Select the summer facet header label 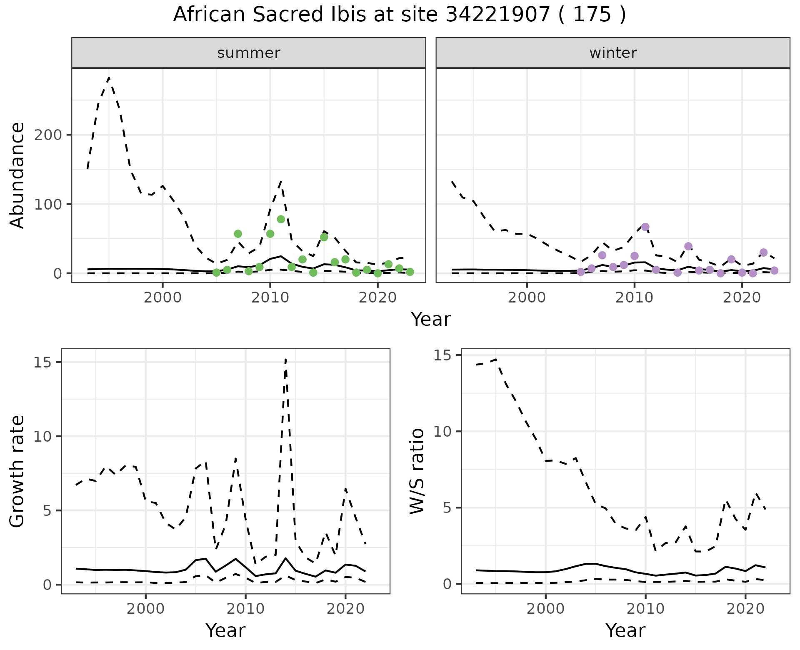click(249, 53)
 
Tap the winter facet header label click(613, 53)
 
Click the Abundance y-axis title click(17, 175)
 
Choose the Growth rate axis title click(17, 471)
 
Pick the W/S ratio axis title click(417, 471)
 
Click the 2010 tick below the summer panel click(270, 297)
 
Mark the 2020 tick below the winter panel click(742, 297)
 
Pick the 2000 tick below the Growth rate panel click(145, 609)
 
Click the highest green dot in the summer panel click(281, 219)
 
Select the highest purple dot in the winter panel click(645, 227)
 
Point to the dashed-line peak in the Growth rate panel click(285, 359)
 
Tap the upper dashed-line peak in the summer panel click(109, 78)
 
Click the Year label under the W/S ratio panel click(625, 630)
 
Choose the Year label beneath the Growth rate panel click(225, 630)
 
